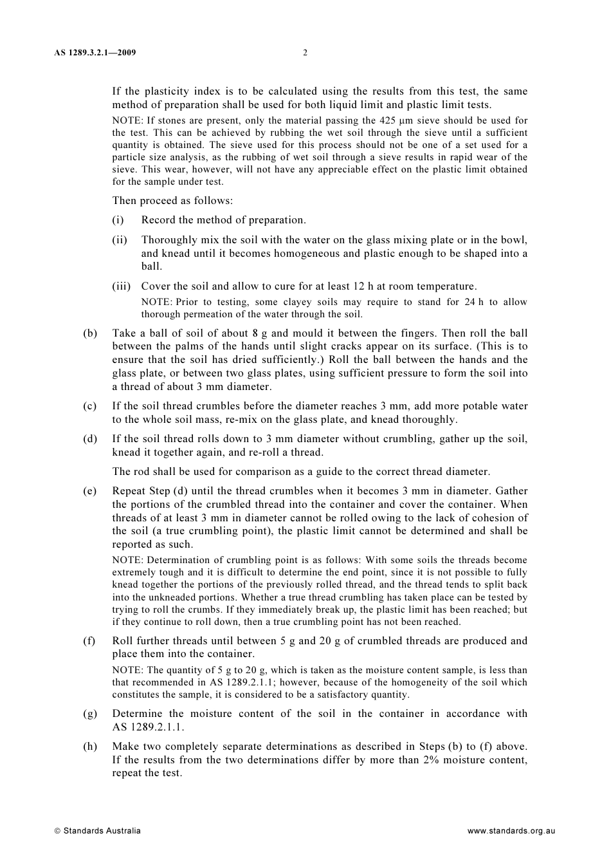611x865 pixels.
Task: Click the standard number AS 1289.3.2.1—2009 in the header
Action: [95, 53]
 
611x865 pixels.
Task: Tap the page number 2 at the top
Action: [305, 53]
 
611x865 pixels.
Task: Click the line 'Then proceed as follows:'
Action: [172, 200]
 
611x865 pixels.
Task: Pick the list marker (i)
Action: [118, 220]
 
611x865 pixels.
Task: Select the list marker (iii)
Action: [121, 286]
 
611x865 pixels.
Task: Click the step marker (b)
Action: [90, 333]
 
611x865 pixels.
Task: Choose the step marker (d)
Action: [90, 439]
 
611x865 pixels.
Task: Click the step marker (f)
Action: [89, 641]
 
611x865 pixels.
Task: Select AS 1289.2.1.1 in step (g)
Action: [148, 727]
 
